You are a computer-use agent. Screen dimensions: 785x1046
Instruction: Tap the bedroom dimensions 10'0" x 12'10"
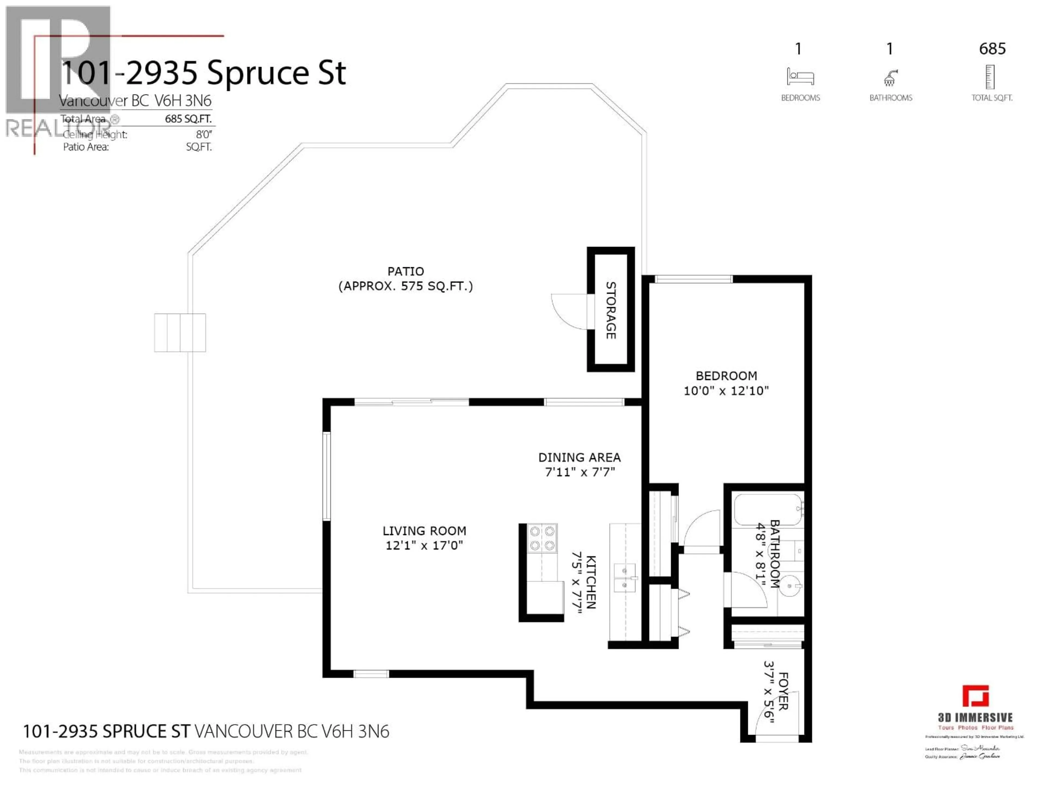[x=726, y=390]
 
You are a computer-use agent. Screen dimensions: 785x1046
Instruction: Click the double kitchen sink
[x=624, y=578]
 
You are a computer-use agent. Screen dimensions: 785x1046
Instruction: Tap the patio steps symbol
[x=180, y=333]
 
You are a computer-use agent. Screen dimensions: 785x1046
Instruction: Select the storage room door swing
[x=569, y=311]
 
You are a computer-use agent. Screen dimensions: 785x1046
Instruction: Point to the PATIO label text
[x=406, y=271]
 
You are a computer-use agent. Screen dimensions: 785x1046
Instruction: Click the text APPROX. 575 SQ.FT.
[x=406, y=286]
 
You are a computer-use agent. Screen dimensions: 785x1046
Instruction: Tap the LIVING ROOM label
[x=424, y=531]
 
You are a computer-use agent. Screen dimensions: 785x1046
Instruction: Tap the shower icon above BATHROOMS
[x=890, y=78]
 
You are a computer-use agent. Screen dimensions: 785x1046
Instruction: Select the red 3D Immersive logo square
[x=975, y=696]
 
